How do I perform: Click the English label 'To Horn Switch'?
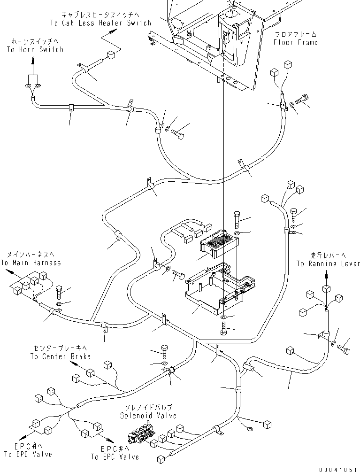[x=35, y=49]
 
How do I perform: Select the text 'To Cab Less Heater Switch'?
[x=100, y=23]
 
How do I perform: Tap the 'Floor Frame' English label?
[x=296, y=42]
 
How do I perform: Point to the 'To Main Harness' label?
[x=31, y=263]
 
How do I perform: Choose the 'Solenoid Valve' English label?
[x=148, y=416]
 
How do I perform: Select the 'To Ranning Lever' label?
[x=327, y=263]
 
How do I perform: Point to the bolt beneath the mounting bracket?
[x=223, y=328]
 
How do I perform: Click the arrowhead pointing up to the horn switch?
[x=33, y=60]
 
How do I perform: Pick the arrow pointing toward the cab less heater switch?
[x=113, y=31]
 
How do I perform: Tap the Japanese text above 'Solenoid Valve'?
[x=147, y=406]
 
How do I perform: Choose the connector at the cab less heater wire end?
[x=111, y=55]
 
